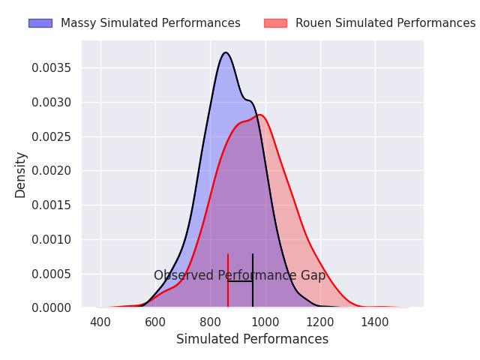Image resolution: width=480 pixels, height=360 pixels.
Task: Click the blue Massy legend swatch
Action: [40, 23]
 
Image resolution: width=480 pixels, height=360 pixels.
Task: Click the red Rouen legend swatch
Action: [275, 23]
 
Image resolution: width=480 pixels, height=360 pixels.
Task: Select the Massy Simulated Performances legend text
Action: [150, 23]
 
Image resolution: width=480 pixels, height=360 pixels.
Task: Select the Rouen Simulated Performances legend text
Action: [385, 23]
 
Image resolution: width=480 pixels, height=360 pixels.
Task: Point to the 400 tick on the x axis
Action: [100, 322]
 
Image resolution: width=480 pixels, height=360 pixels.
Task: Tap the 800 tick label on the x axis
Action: [210, 322]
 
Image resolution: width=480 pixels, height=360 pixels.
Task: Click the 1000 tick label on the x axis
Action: [265, 322]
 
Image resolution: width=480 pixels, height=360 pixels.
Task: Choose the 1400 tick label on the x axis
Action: [375, 322]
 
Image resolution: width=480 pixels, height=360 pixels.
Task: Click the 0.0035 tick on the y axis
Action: [52, 68]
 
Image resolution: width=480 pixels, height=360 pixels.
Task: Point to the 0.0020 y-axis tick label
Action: [52, 171]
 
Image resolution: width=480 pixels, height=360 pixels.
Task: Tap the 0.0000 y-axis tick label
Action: [52, 308]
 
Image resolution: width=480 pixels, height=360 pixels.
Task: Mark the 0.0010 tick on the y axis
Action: [52, 240]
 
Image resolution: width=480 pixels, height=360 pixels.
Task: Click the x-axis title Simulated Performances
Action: [252, 340]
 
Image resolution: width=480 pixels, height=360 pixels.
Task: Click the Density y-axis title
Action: [21, 174]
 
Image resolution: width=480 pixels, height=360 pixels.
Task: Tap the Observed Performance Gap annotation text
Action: [240, 276]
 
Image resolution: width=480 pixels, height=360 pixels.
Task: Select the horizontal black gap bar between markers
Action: [240, 281]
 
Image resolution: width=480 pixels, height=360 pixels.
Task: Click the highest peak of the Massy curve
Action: [226, 52]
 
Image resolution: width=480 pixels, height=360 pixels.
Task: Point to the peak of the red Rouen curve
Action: [259, 115]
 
